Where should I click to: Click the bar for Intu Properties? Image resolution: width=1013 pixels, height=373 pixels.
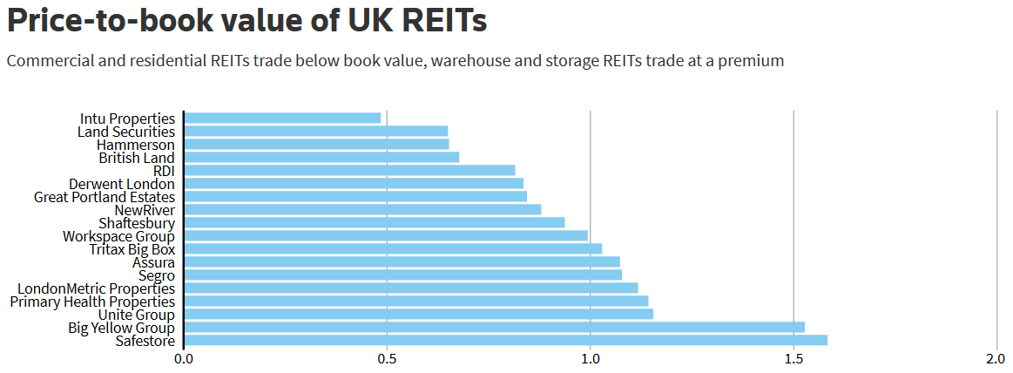click(282, 118)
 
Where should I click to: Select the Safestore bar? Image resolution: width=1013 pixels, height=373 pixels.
click(505, 340)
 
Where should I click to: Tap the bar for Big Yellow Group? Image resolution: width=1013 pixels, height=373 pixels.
click(494, 327)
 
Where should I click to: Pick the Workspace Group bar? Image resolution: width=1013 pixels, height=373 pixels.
click(386, 235)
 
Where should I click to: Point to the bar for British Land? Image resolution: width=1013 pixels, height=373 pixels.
click(321, 157)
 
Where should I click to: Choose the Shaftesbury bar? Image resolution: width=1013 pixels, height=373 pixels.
click(375, 222)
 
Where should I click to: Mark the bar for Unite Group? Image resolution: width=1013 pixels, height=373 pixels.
click(418, 314)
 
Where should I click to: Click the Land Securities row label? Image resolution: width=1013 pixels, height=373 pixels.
click(126, 131)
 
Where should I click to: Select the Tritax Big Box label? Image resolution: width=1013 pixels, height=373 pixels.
click(132, 248)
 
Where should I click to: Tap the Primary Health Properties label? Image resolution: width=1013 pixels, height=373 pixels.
click(92, 301)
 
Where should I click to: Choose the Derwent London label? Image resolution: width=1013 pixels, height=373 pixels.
click(122, 183)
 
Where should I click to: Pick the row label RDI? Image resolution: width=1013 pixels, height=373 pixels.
click(164, 170)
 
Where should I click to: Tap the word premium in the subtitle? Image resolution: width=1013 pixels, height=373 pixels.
click(751, 61)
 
